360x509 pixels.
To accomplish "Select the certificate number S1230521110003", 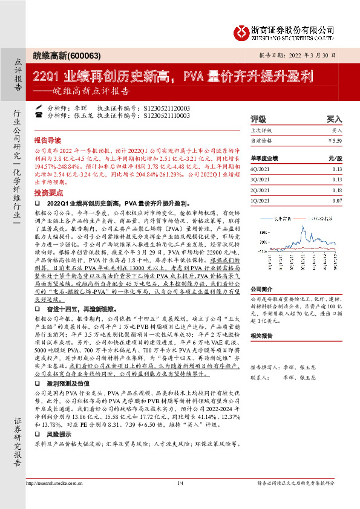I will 167,114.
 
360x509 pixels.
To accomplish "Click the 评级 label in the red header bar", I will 258,119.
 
